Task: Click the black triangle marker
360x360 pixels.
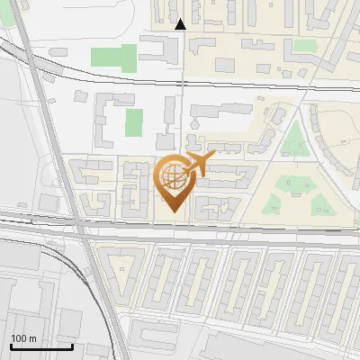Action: (x=180, y=24)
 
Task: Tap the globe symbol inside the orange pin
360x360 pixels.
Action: (x=173, y=175)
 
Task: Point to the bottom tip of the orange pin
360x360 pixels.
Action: (x=173, y=212)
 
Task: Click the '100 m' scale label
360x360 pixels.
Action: (x=23, y=338)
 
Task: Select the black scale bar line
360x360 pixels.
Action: (x=41, y=346)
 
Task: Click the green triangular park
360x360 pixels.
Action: (x=292, y=140)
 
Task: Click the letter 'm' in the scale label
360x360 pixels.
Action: (x=32, y=338)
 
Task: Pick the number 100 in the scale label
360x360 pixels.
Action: (x=19, y=338)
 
